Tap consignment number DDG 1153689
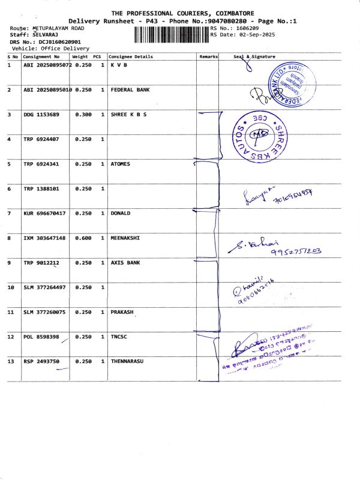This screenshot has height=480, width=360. click(x=41, y=114)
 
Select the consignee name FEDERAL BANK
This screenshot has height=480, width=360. click(x=130, y=89)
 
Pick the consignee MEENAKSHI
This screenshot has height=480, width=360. click(x=125, y=238)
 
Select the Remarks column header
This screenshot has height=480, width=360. click(x=208, y=56)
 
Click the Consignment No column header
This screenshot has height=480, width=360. click(x=41, y=56)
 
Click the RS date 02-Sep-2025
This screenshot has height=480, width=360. click(x=251, y=35)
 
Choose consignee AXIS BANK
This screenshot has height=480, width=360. click(x=127, y=263)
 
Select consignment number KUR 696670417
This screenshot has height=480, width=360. click(x=44, y=213)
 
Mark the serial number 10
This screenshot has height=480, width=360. click(x=10, y=287)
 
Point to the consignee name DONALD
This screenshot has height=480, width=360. click(x=121, y=213)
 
